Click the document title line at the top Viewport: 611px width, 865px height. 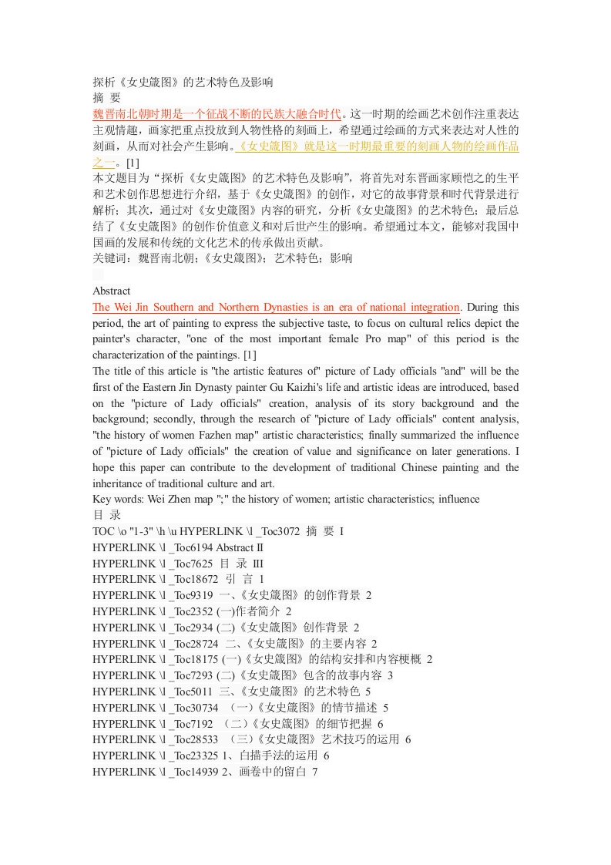point(182,82)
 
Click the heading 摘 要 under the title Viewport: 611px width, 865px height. point(106,98)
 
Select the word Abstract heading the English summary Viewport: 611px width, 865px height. point(111,291)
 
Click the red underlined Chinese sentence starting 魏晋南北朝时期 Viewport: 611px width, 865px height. point(217,114)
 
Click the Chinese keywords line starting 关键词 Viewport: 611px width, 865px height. point(223,259)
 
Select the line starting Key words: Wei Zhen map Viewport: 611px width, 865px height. point(285,499)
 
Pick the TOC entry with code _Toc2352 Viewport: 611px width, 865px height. point(191,611)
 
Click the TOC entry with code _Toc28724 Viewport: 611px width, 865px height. point(235,643)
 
